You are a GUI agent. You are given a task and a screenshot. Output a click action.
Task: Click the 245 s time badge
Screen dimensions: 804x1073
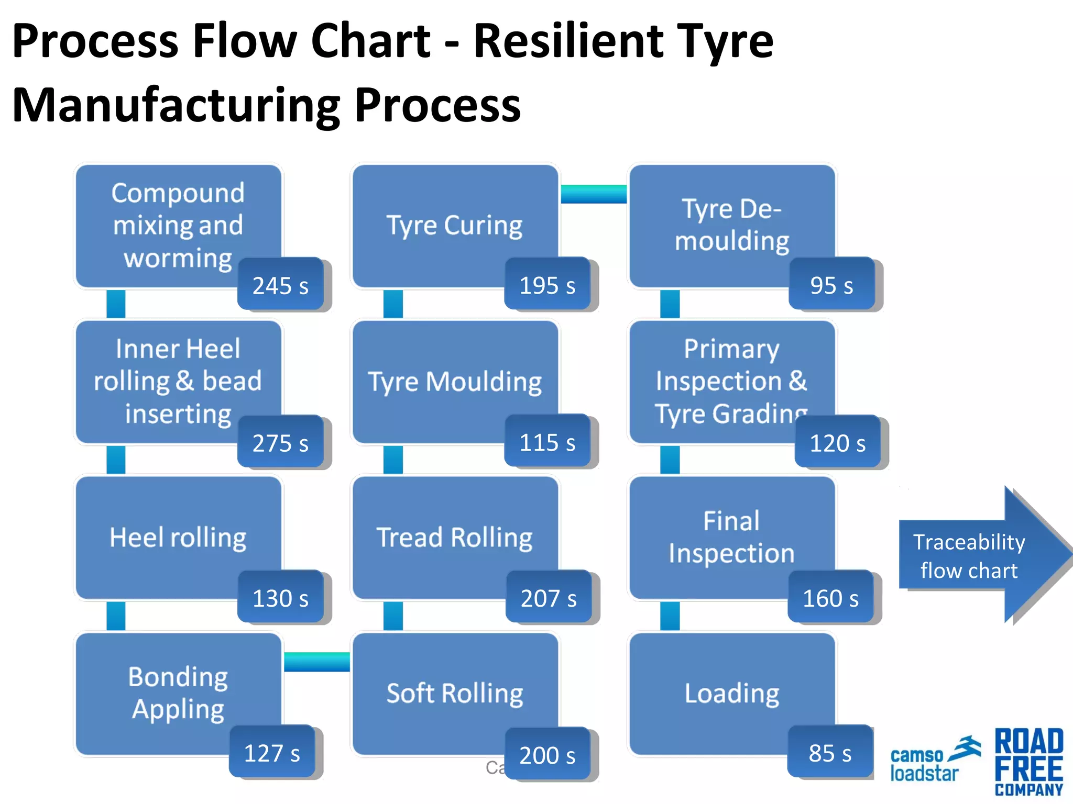pyautogui.click(x=280, y=284)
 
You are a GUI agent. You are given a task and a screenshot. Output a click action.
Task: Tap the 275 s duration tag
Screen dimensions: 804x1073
pyautogui.click(x=280, y=442)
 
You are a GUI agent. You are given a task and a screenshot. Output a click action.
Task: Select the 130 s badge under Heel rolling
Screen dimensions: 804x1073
pyautogui.click(x=280, y=597)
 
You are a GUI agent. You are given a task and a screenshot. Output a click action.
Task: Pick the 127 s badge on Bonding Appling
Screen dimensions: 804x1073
pyautogui.click(x=272, y=752)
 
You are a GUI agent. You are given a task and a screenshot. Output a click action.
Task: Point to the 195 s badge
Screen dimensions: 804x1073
pyautogui.click(x=547, y=284)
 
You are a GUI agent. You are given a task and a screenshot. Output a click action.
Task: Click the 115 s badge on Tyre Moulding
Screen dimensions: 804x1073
pyautogui.click(x=547, y=441)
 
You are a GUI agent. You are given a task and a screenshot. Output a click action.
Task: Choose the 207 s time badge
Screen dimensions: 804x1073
pyautogui.click(x=548, y=597)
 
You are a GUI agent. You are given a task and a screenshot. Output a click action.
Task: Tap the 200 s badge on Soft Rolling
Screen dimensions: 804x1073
pyautogui.click(x=547, y=754)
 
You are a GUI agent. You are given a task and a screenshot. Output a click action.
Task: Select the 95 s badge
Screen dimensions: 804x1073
pyautogui.click(x=831, y=284)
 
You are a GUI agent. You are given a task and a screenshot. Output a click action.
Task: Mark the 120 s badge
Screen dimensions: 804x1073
pyautogui.click(x=837, y=442)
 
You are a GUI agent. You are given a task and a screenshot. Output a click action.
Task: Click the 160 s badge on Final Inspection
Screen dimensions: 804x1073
pyautogui.click(x=830, y=597)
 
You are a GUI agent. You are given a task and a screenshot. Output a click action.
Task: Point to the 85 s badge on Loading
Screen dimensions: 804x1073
pyautogui.click(x=830, y=752)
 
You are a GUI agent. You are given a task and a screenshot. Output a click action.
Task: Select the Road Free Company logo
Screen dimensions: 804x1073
pyautogui.click(x=1029, y=762)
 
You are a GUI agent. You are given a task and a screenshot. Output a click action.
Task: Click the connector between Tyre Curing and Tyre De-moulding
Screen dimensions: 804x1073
pyautogui.click(x=594, y=194)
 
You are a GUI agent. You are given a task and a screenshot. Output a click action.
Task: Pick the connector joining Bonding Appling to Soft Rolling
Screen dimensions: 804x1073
pyautogui.click(x=316, y=662)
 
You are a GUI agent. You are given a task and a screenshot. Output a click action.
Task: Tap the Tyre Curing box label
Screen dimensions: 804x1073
pyautogui.click(x=454, y=226)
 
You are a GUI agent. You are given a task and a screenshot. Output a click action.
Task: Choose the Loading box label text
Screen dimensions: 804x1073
pyautogui.click(x=732, y=694)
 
